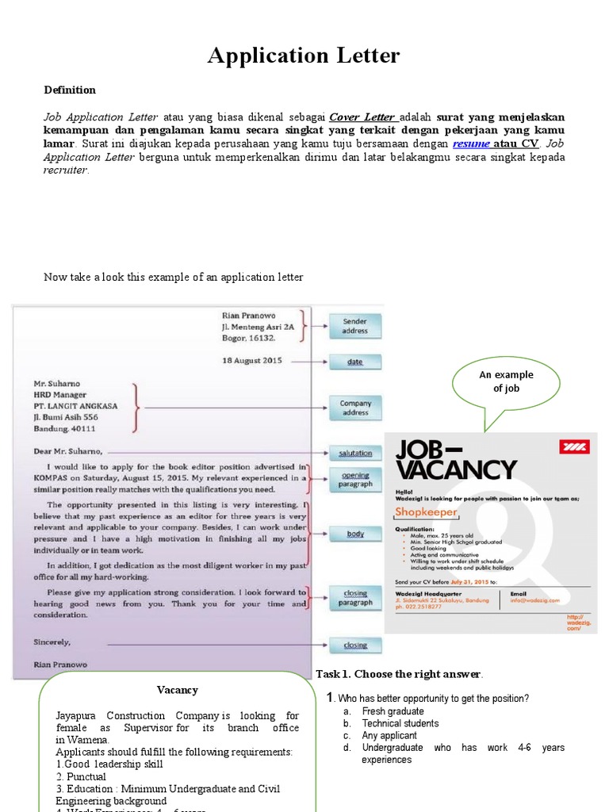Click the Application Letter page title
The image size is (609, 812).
click(x=304, y=56)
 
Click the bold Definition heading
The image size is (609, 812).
click(x=70, y=90)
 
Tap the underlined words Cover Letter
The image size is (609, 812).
click(x=362, y=117)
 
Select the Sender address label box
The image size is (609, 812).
click(x=354, y=326)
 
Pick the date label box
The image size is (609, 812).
click(x=354, y=362)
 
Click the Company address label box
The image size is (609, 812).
click(x=354, y=408)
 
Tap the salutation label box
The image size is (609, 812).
click(x=354, y=453)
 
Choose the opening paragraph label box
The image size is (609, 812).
click(x=354, y=480)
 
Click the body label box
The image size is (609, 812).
click(x=354, y=534)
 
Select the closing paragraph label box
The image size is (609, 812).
click(x=354, y=597)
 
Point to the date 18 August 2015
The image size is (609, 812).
click(x=252, y=360)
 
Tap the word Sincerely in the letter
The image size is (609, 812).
click(x=52, y=642)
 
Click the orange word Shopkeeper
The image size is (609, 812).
click(x=427, y=512)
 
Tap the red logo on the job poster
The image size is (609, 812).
click(x=575, y=447)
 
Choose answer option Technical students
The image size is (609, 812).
click(x=400, y=723)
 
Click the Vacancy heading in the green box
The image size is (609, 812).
click(x=177, y=690)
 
